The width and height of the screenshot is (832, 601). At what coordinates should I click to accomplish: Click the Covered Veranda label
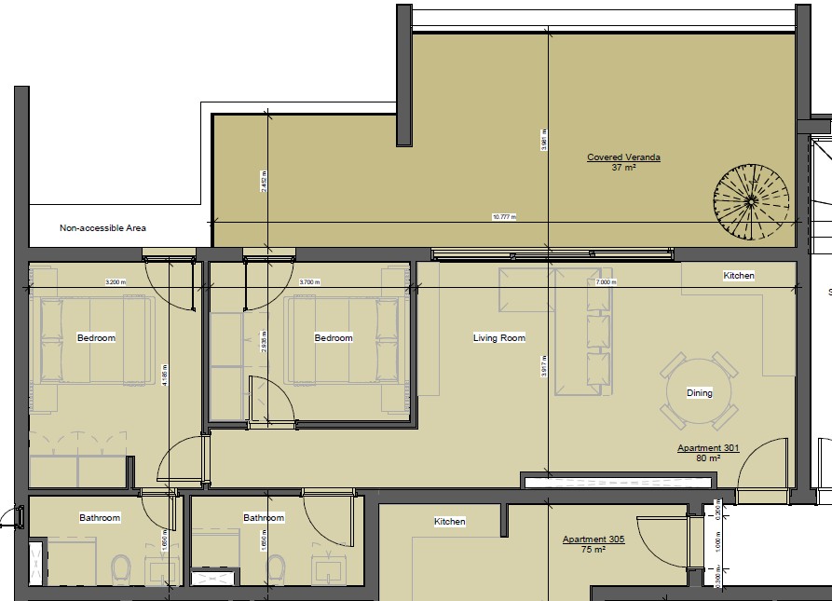(x=623, y=157)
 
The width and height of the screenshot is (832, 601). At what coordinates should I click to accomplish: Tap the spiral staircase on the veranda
(x=751, y=200)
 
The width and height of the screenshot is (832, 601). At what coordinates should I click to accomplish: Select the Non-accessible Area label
(x=102, y=227)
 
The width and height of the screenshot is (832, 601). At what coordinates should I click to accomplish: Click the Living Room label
(x=499, y=338)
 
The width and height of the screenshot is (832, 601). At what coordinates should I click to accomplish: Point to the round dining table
(x=700, y=391)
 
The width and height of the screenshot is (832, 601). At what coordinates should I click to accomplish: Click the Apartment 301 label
(x=707, y=448)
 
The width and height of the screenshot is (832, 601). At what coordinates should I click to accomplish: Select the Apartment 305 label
(x=593, y=540)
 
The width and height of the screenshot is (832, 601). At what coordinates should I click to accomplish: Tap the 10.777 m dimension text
(x=503, y=217)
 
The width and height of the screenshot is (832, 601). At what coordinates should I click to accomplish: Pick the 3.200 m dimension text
(x=116, y=282)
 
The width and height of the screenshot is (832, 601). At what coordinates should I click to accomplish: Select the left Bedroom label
(x=96, y=338)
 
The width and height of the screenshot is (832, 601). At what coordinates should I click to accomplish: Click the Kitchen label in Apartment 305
(x=449, y=522)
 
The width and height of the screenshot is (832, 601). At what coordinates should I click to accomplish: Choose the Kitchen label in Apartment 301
(x=739, y=276)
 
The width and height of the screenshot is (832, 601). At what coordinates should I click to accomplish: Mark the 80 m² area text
(x=709, y=458)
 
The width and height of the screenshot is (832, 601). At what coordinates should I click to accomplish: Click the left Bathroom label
(x=100, y=517)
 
